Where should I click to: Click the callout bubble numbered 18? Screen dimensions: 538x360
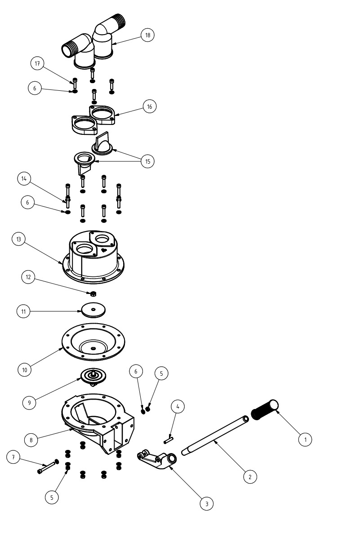click(147, 35)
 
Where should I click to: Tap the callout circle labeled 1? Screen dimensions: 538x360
click(305, 439)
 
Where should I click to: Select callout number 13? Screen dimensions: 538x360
click(18, 239)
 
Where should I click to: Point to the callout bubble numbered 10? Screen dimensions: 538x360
click(25, 370)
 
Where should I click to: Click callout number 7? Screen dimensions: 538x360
click(13, 458)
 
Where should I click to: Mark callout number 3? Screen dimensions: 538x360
click(207, 504)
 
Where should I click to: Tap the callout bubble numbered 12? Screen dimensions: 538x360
click(28, 277)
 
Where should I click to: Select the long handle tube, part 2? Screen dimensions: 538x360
click(216, 435)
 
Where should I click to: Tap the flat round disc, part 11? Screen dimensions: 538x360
click(93, 310)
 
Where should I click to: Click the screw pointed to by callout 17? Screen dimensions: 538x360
click(75, 82)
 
